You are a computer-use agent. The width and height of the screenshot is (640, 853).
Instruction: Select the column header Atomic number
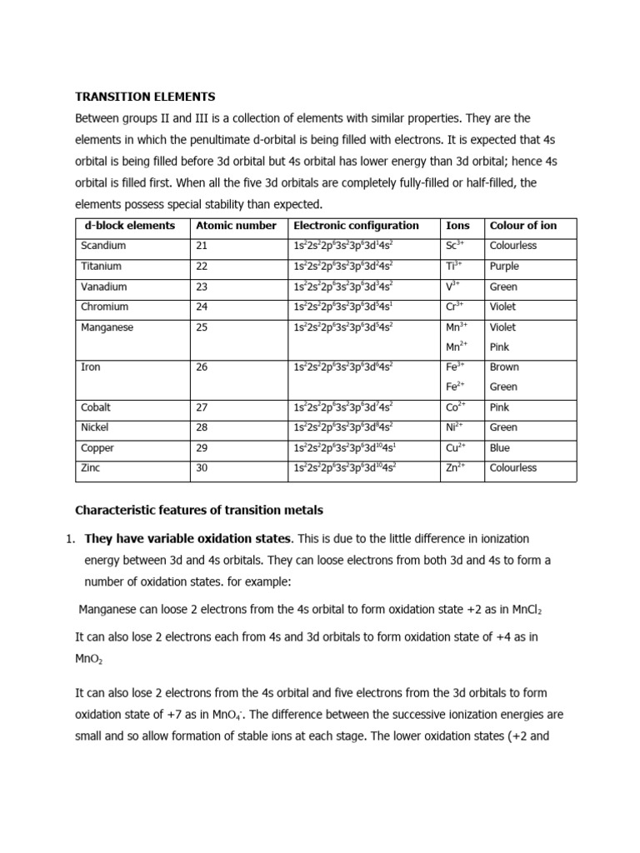click(235, 226)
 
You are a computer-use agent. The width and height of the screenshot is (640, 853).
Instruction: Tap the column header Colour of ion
click(522, 226)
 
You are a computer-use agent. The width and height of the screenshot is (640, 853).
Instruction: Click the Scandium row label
click(103, 246)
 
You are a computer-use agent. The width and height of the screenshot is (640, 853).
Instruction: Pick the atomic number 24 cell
click(202, 307)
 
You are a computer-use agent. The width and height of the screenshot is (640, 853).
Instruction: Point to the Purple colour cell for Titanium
click(504, 267)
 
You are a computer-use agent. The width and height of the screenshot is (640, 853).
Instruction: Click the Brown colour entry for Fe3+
click(503, 367)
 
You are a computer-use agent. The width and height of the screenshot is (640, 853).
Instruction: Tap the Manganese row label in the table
click(107, 327)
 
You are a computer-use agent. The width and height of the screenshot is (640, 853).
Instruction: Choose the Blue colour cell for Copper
click(500, 448)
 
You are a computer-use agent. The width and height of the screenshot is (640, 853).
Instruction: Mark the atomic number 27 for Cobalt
click(202, 407)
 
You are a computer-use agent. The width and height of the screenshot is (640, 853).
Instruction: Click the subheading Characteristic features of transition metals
click(198, 510)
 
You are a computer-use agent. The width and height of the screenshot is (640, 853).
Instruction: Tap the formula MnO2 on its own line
click(87, 658)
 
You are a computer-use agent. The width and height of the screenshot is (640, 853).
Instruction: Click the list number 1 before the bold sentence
click(69, 539)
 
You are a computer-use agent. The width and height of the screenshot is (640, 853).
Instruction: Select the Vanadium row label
click(104, 287)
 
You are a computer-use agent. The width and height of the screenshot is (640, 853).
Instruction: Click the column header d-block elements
click(130, 226)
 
